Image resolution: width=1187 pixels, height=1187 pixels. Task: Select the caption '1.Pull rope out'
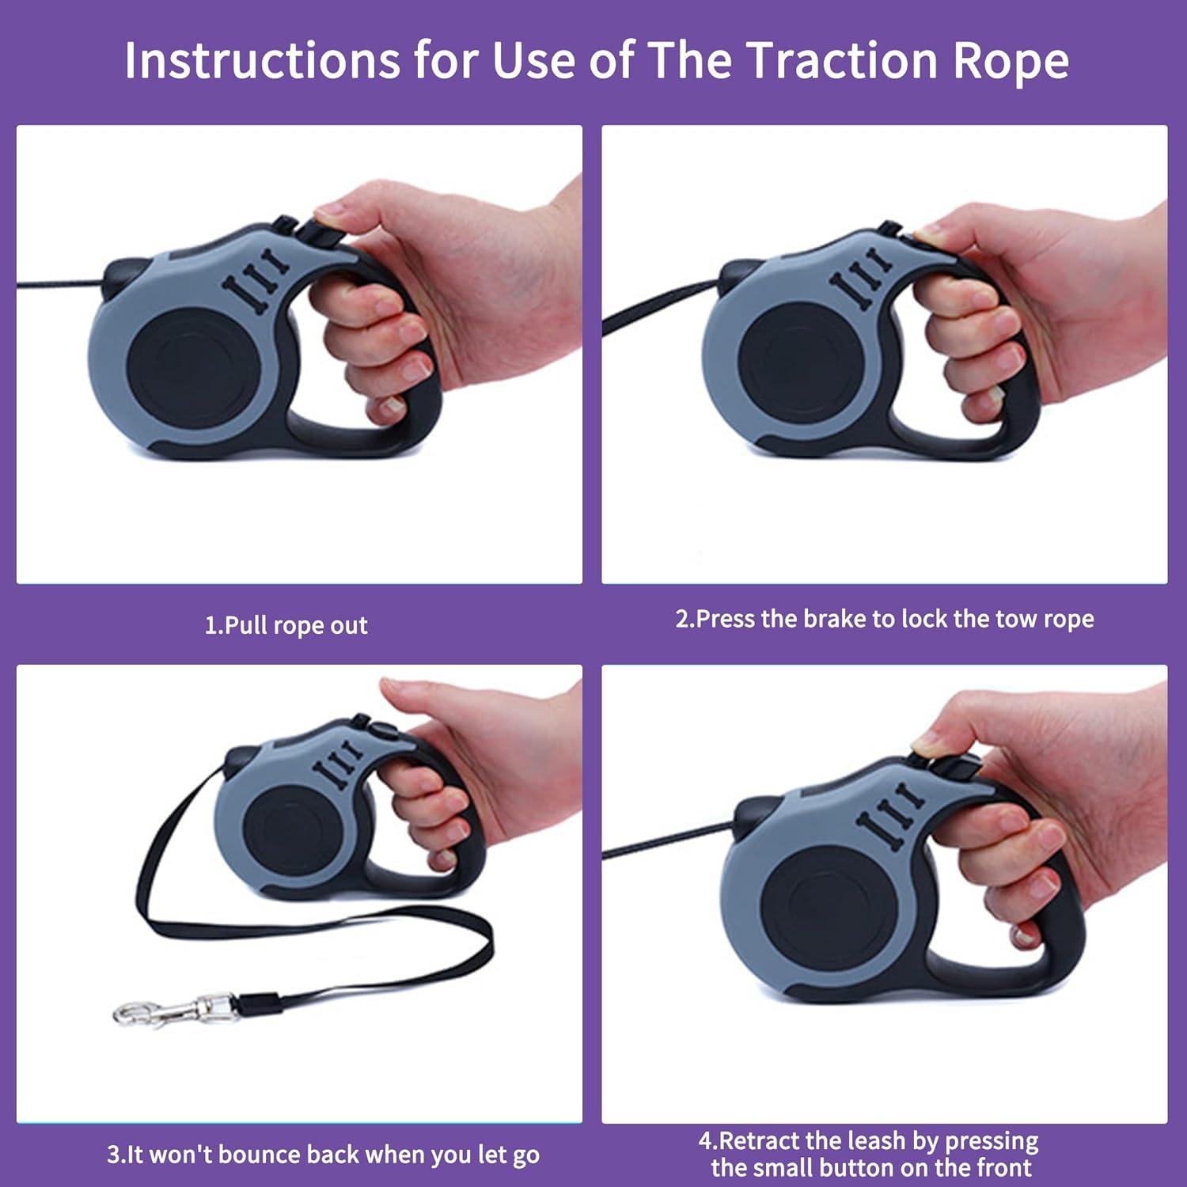286,626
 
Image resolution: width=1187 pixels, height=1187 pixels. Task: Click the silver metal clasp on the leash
174,1010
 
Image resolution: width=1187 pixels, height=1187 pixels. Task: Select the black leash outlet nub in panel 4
752,815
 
